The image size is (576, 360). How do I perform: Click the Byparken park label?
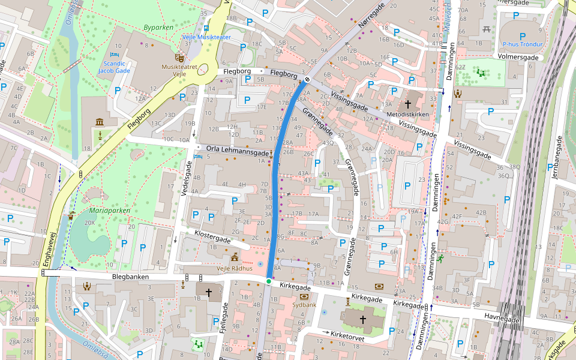click(158, 28)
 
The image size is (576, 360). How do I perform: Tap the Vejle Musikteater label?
click(206, 37)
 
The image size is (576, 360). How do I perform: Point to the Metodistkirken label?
click(408, 114)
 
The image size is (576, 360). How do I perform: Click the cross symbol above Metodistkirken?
click(408, 104)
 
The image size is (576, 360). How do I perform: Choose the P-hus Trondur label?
click(522, 44)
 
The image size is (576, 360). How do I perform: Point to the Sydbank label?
click(304, 305)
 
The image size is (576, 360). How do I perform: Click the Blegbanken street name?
click(130, 277)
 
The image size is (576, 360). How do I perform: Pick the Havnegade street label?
click(502, 319)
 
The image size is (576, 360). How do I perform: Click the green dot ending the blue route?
click(269, 281)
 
